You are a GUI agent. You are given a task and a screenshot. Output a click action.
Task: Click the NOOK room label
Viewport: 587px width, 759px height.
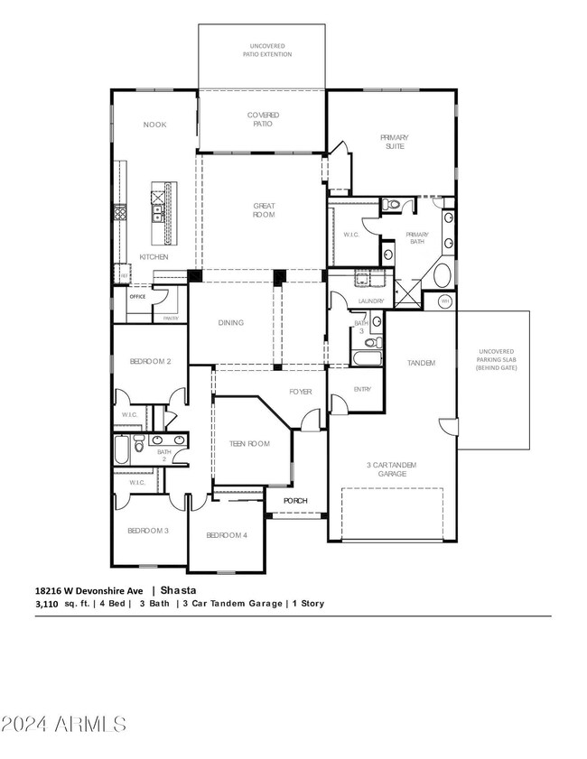(154, 125)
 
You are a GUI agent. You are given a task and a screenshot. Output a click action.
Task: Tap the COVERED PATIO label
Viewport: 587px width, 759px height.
(263, 119)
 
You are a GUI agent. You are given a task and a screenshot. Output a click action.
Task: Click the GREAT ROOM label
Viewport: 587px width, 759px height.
(263, 210)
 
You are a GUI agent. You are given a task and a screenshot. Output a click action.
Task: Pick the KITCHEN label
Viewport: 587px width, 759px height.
(154, 257)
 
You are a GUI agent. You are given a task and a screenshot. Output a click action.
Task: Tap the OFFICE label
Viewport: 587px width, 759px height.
(137, 296)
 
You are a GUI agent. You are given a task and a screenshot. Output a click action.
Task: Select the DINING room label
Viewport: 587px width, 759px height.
(230, 322)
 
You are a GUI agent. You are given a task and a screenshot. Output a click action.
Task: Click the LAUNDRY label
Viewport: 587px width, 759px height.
(371, 301)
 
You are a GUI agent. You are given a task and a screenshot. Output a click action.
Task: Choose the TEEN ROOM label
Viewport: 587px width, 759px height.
(250, 443)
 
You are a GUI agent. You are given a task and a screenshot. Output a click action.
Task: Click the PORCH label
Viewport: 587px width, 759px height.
(295, 500)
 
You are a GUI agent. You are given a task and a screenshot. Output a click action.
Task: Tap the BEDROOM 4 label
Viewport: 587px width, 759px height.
(226, 535)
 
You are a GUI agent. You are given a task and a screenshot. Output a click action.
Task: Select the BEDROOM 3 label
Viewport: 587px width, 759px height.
(148, 531)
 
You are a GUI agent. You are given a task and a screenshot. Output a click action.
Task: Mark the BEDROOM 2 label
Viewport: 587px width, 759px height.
(151, 361)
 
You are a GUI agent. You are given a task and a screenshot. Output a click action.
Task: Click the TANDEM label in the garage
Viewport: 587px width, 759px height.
(421, 363)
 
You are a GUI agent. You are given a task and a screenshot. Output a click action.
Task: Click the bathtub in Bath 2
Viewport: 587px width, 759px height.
(122, 449)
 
